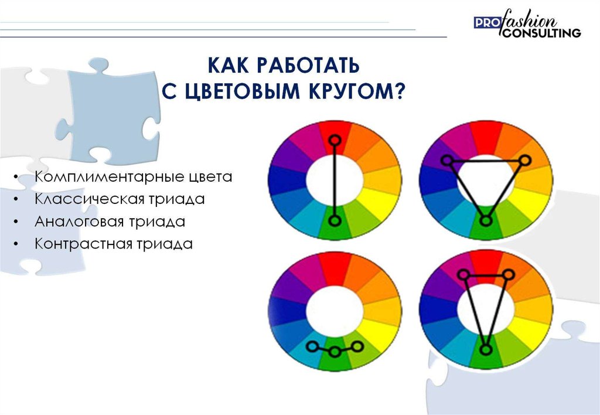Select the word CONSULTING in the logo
[541, 33]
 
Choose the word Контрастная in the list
[79, 244]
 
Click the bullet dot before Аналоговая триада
[15, 222]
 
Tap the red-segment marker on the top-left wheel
[335, 140]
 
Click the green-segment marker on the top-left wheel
[335, 221]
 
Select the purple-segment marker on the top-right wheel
[446, 161]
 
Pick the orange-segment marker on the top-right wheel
[525, 160]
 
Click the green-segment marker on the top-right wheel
[486, 221]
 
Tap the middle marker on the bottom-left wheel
[335, 352]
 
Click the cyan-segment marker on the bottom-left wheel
[312, 346]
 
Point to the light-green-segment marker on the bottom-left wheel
[357, 346]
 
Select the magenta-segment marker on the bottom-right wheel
[463, 274]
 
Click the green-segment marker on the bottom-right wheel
[486, 349]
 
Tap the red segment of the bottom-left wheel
[335, 270]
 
